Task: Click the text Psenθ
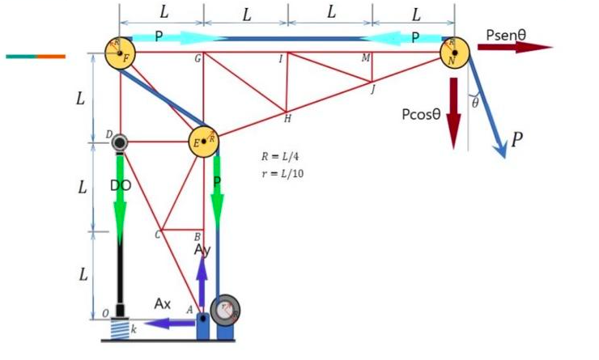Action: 507,35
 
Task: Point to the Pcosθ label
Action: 421,114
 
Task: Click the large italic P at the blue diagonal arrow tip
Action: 516,140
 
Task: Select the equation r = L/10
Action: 279,173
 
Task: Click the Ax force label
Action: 164,304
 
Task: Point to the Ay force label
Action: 203,251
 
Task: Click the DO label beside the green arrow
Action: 121,185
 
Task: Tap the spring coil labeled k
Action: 121,328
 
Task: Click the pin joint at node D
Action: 121,142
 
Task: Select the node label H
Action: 287,119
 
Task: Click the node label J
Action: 373,89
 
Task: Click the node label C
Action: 157,235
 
